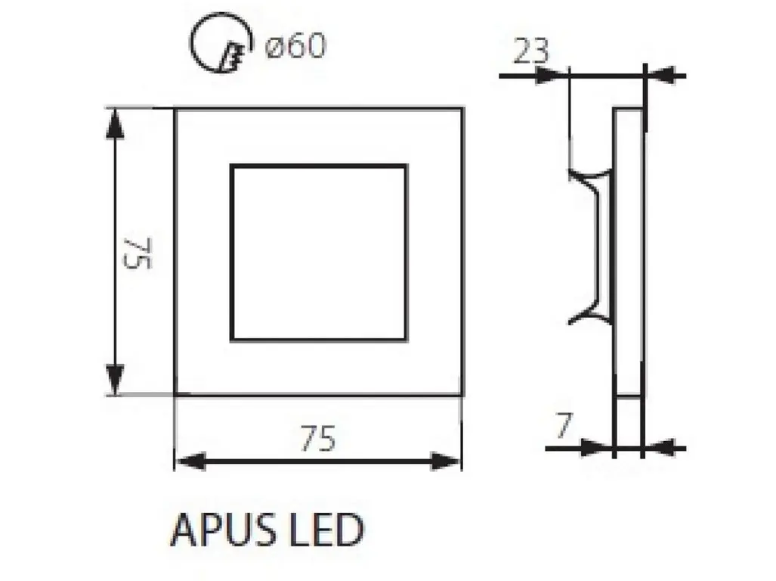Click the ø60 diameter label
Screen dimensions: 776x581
(x=295, y=45)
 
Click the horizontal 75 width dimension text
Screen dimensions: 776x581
(x=317, y=438)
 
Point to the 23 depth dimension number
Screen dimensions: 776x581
(x=531, y=51)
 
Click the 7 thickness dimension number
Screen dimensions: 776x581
(x=563, y=425)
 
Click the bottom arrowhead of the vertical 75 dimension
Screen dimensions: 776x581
(x=115, y=380)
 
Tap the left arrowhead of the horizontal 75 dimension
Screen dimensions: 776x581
(x=190, y=461)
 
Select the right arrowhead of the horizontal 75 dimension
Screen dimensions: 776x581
(x=445, y=461)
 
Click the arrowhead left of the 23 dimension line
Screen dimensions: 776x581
(x=552, y=76)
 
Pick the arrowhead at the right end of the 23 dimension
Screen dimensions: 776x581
(x=662, y=76)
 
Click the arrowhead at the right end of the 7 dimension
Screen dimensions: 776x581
(x=659, y=449)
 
